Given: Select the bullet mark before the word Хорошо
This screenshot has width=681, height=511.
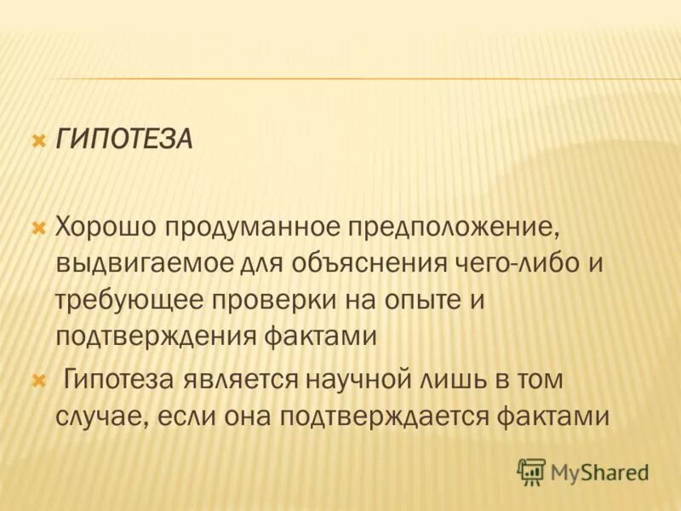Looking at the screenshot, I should click(x=37, y=227).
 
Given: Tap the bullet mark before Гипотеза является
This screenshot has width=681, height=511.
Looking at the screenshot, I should click(x=37, y=379).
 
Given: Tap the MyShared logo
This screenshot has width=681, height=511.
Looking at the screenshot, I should click(x=582, y=471).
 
